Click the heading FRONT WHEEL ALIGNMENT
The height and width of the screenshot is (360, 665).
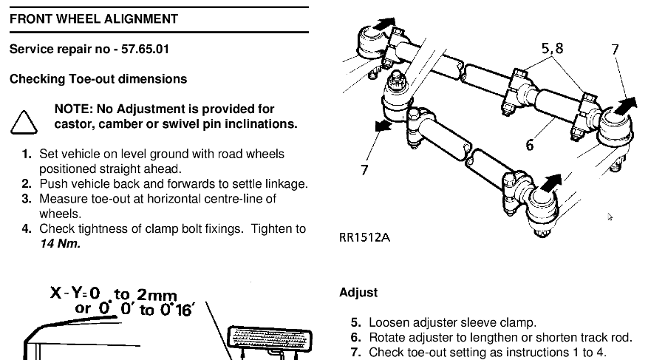(94, 18)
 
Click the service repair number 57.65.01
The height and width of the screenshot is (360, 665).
(143, 50)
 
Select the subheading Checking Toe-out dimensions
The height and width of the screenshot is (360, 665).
(98, 79)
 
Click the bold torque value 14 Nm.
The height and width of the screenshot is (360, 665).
(59, 243)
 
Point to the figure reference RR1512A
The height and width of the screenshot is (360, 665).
(364, 239)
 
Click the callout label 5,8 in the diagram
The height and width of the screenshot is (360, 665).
(552, 49)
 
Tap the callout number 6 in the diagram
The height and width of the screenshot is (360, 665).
(529, 145)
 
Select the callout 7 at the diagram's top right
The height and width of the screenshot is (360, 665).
(615, 50)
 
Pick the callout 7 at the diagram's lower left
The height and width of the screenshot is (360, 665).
(364, 170)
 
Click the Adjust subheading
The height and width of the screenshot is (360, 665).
(358, 293)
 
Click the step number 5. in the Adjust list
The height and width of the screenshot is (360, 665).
(356, 323)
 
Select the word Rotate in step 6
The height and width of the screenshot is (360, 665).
(388, 338)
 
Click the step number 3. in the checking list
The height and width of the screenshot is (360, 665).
(27, 199)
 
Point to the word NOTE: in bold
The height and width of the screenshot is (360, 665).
(74, 109)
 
